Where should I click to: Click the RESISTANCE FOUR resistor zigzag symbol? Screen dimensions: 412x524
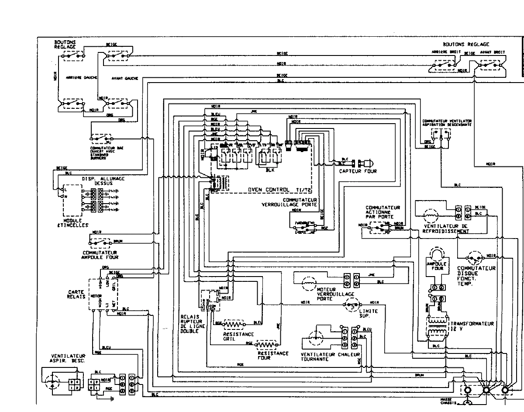pyautogui.click(x=268, y=343)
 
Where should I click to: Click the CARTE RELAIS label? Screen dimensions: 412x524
pyautogui.click(x=76, y=294)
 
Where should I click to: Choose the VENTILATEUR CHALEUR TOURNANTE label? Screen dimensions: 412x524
pyautogui.click(x=330, y=357)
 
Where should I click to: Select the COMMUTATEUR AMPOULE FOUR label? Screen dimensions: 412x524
pyautogui.click(x=100, y=255)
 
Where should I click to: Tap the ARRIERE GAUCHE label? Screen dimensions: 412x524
pyautogui.click(x=78, y=78)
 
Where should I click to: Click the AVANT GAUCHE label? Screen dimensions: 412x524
pyautogui.click(x=125, y=78)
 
